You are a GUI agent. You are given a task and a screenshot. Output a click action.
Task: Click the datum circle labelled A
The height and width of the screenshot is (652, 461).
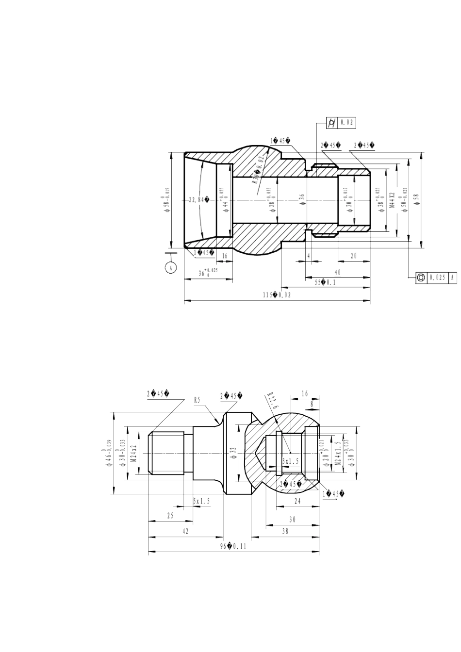point(170,267)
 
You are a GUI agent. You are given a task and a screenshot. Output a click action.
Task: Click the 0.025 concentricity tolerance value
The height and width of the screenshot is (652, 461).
point(438,277)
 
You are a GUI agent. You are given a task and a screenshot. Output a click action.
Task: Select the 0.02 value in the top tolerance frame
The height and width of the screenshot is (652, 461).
point(347,123)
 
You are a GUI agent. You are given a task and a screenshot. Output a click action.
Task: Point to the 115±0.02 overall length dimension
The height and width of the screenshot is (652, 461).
point(277,295)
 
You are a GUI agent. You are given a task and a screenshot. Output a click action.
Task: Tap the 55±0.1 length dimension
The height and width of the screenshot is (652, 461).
point(326,282)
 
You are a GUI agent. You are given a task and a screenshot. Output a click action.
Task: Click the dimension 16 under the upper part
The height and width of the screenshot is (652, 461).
point(225,256)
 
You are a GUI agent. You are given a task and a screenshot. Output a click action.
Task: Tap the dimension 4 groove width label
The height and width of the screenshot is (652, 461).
point(309,256)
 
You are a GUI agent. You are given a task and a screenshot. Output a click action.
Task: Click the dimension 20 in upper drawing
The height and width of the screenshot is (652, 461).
point(354,256)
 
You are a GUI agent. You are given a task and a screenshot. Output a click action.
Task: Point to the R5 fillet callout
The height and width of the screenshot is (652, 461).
point(197,400)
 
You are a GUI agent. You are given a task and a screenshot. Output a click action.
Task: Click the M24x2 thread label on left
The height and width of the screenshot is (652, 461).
point(133,453)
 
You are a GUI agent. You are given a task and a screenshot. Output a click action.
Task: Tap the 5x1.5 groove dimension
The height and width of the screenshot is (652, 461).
point(201,501)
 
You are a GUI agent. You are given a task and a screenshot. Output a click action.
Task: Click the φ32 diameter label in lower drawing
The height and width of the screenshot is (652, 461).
point(233,453)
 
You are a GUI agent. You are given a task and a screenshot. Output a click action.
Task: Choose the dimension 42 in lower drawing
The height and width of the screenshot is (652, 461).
point(185,531)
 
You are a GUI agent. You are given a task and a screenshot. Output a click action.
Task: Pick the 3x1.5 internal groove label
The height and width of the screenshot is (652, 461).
point(291,460)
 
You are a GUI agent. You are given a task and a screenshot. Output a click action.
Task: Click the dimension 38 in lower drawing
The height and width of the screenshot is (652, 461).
point(285,531)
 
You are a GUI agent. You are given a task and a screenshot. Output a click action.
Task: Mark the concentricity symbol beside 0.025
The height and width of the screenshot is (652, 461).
point(421,277)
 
